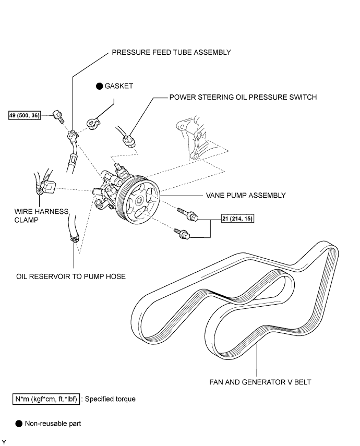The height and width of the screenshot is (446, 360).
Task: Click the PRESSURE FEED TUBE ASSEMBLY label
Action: pyautogui.click(x=171, y=53)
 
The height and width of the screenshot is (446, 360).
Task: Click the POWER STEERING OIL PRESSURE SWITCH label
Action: pyautogui.click(x=243, y=97)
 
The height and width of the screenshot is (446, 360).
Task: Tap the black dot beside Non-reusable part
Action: pyautogui.click(x=19, y=424)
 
